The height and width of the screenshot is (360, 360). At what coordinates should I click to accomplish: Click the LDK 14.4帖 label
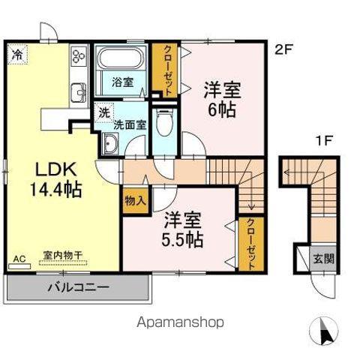56,179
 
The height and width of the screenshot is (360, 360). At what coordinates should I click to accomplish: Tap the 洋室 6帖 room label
222,100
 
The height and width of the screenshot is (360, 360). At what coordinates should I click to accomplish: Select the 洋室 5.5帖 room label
182,230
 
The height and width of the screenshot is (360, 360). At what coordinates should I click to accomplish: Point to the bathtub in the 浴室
120,58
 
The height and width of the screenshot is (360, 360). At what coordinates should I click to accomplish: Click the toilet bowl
164,122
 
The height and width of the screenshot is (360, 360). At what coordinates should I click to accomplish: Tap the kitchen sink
79,93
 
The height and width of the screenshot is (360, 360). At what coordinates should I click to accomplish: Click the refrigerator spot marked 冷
17,54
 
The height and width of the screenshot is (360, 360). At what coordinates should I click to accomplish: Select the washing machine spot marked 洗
104,112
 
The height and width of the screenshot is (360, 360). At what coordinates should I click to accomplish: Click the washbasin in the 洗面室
110,142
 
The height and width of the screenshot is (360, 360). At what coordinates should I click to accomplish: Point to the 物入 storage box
135,200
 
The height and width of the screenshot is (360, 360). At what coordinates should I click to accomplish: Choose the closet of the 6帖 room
165,70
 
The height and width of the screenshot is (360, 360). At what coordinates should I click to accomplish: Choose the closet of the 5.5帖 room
251,244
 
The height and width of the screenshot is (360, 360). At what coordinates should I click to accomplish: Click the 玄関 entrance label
324,259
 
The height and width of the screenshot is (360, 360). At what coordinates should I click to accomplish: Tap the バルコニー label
79,287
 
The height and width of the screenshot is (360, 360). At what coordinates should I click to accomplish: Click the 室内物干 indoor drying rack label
63,255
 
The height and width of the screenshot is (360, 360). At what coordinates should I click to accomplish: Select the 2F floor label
283,49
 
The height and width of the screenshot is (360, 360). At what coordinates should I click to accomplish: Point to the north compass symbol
324,330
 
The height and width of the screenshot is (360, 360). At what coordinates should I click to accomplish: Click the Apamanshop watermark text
180,322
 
